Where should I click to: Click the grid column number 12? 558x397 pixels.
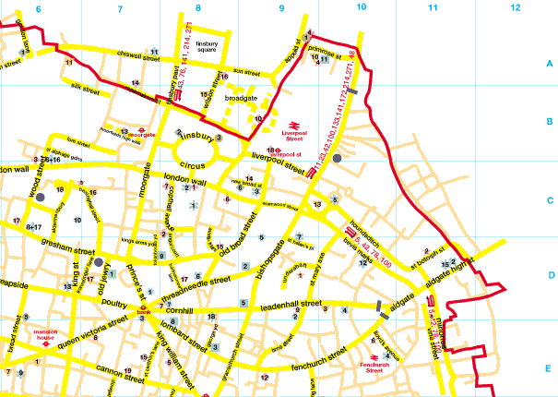(x=515, y=7)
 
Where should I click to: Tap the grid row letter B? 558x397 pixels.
(x=549, y=121)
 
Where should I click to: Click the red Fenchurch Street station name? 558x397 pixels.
(x=379, y=365)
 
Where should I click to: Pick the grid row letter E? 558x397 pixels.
(x=549, y=368)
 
